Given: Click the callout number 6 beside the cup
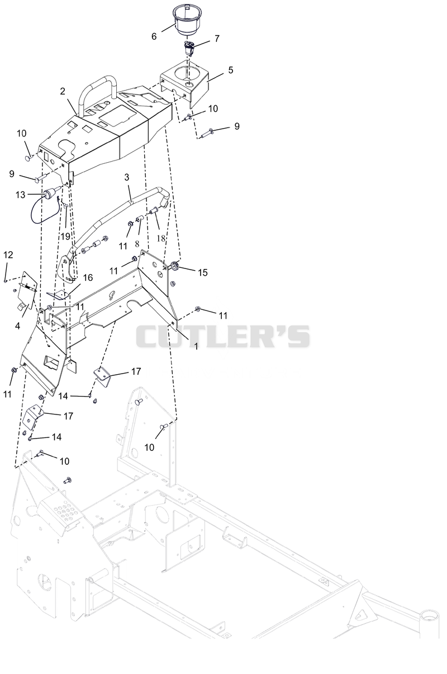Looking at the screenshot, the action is (x=154, y=36).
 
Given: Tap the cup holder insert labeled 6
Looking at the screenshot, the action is (x=187, y=20).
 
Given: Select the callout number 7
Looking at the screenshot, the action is (x=217, y=39).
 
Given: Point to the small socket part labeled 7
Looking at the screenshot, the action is (x=189, y=47).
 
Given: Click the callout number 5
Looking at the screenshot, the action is (x=231, y=70).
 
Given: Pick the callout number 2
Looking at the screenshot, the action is (x=63, y=91).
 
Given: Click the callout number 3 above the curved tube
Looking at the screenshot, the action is (x=126, y=177).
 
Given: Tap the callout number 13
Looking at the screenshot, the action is (x=21, y=195).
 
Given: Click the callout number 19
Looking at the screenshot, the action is (x=65, y=237).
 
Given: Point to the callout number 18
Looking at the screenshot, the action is (x=161, y=238).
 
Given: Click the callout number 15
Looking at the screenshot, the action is (x=203, y=272).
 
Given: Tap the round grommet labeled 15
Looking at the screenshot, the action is (x=175, y=266).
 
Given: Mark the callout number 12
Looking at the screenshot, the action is (x=8, y=255).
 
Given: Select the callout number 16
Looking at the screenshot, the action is (x=88, y=277).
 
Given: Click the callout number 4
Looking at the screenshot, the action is (x=17, y=326).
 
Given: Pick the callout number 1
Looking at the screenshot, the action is (x=196, y=346).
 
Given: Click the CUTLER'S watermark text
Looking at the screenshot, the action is (x=223, y=336).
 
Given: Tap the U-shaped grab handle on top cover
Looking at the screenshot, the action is (x=98, y=79).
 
